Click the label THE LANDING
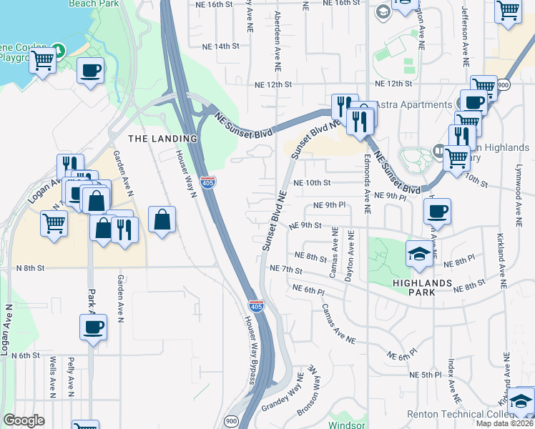[x=162, y=138]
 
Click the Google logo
[x=24, y=420]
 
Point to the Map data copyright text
[x=505, y=423]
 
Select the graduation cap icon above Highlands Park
[x=418, y=254]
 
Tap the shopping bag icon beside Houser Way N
[x=162, y=220]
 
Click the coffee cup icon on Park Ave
[x=92, y=327]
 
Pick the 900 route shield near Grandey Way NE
[x=231, y=420]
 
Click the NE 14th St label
[x=220, y=46]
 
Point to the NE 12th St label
[x=274, y=84]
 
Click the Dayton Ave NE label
[x=350, y=255]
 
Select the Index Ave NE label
[x=451, y=378]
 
